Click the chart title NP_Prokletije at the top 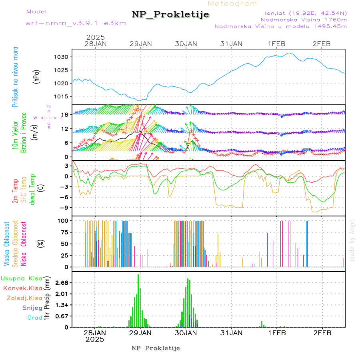coord(170,15)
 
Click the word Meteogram coord(233,4)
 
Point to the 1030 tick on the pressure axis coord(63,57)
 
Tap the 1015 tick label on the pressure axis coord(63,96)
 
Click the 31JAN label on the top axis coord(231,44)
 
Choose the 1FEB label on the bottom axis coord(277,332)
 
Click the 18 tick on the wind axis coord(66,114)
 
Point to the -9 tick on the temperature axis coord(66,208)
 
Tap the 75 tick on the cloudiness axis coord(65,232)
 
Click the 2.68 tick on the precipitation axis coord(62,283)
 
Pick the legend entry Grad coord(35,318)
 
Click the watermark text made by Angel coord(352,240)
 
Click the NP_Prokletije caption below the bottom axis coord(156,348)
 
